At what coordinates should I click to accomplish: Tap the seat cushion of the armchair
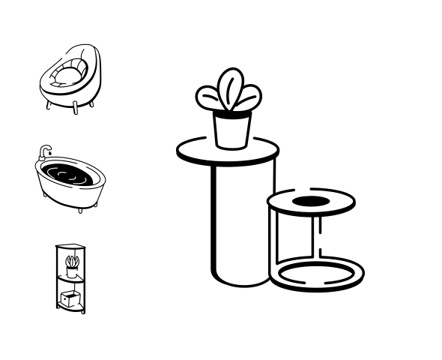tap(69, 74)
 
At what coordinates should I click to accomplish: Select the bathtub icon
tap(70, 180)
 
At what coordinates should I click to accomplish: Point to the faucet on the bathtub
tap(45, 151)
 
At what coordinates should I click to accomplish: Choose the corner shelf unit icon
tap(71, 278)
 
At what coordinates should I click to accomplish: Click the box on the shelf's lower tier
tap(71, 299)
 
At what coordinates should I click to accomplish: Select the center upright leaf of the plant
tap(230, 86)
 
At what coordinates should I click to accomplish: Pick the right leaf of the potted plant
tap(250, 96)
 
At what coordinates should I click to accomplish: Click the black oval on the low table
tap(310, 201)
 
